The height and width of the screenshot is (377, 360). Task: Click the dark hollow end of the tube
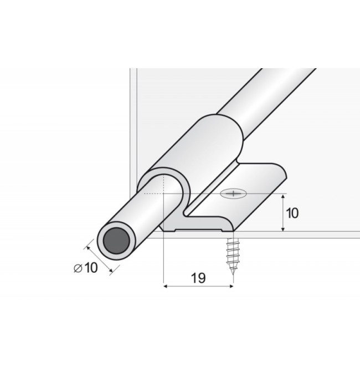click(116, 241)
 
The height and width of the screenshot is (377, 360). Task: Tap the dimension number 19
click(198, 278)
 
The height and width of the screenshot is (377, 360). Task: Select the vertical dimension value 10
click(292, 213)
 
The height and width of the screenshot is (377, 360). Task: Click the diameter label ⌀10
click(86, 268)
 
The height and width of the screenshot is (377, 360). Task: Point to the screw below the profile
click(233, 256)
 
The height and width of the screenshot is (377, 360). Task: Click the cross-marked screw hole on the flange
click(233, 193)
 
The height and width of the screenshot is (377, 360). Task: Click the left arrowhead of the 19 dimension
click(166, 286)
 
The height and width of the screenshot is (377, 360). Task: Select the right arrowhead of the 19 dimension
click(231, 286)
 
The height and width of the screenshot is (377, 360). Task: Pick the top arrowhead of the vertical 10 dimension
click(283, 196)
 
